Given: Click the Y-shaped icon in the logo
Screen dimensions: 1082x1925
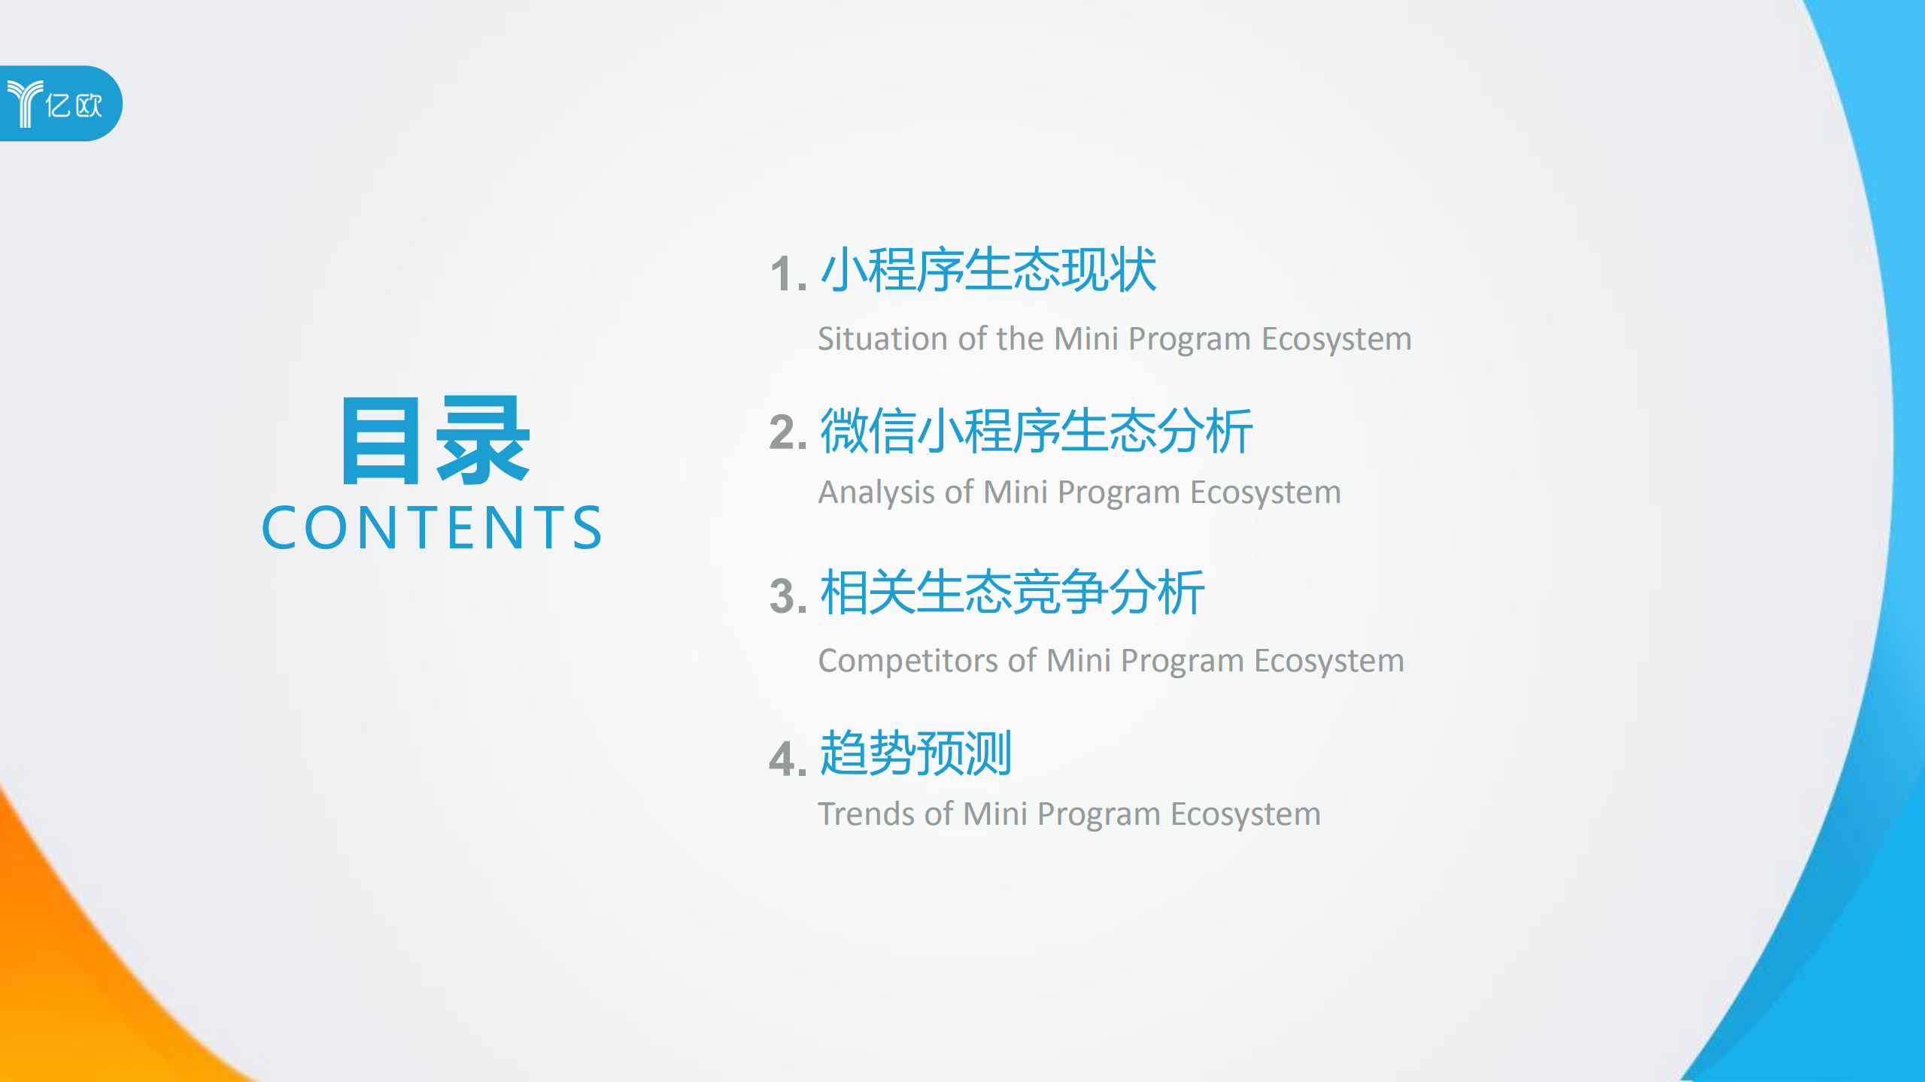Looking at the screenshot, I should (24, 104).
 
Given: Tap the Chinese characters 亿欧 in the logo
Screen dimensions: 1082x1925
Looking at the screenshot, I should (74, 105).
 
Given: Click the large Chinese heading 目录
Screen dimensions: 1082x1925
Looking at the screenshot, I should (436, 441).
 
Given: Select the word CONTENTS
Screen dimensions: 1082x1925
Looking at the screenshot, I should (432, 528).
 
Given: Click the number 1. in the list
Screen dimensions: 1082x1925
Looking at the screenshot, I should (788, 274).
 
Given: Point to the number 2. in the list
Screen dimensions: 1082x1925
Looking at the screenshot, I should (788, 433).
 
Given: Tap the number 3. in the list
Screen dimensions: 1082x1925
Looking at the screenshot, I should (788, 596).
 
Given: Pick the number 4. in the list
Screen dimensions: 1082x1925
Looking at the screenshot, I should (788, 758).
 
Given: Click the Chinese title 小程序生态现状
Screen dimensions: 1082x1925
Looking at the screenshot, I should (988, 270).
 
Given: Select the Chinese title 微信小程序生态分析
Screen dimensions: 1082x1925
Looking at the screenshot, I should (1036, 431).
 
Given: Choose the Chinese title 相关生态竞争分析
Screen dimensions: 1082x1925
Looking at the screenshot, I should (1012, 593).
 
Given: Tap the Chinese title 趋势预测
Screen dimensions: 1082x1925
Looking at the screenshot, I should (915, 753).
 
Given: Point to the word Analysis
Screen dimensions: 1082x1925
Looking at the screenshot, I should (876, 493).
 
